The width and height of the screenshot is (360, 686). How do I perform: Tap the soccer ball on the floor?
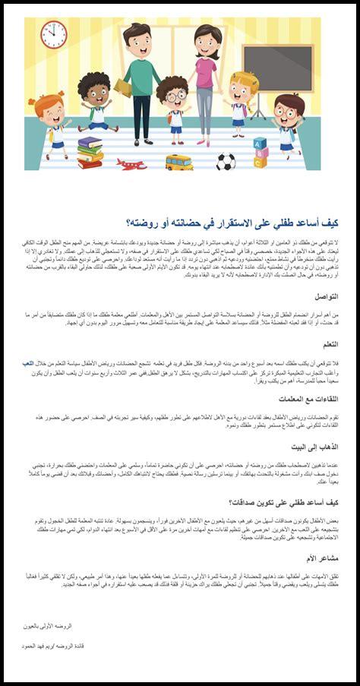click(x=226, y=162)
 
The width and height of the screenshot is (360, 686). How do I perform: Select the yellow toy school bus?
click(x=179, y=161)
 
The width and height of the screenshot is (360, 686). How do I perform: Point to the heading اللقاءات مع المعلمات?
click(x=309, y=399)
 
